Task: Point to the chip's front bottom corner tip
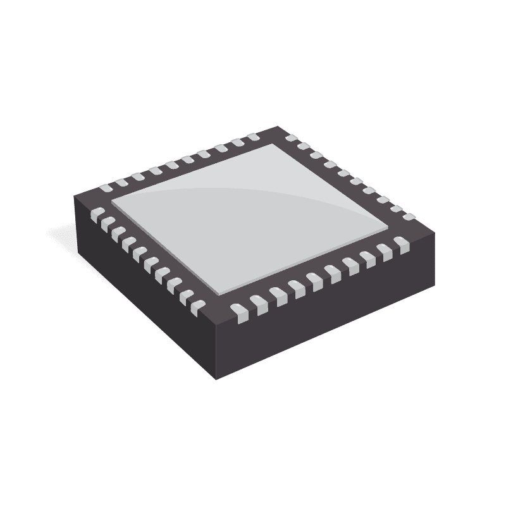point(216,378)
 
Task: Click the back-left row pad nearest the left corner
point(105,187)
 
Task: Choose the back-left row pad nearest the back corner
point(253,137)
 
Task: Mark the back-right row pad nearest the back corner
point(292,137)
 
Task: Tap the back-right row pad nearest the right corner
point(409,217)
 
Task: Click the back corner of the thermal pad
point(273,144)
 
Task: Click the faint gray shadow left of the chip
point(63,234)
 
